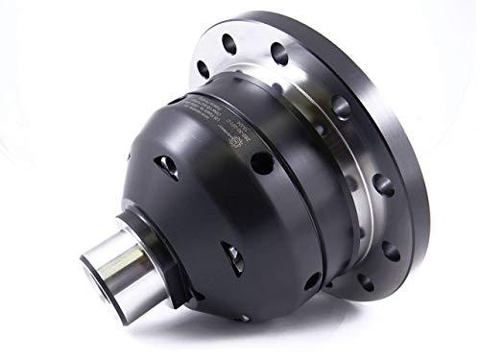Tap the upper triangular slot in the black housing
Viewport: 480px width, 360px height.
169,166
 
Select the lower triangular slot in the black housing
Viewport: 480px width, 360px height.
231,258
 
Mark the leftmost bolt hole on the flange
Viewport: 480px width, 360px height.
204,68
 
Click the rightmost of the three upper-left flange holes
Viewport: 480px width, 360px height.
278,50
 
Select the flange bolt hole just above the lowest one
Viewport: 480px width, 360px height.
389,252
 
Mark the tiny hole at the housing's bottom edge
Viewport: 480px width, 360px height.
246,316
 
